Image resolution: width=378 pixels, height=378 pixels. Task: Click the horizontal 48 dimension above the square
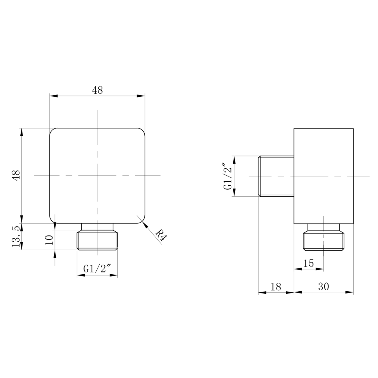(97, 90)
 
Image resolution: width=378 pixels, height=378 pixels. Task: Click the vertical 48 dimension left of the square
(17, 175)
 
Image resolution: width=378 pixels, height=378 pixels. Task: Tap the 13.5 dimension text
(16, 237)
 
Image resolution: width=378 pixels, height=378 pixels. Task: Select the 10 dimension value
(49, 240)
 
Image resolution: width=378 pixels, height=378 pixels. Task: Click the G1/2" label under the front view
(97, 269)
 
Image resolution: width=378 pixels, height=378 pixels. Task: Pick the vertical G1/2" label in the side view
(228, 176)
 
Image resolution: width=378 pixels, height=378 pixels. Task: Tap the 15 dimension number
(309, 263)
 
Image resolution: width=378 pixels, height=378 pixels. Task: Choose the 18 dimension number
(276, 287)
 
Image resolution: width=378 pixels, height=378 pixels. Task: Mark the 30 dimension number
(323, 286)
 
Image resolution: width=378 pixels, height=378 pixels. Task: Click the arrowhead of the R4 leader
(144, 224)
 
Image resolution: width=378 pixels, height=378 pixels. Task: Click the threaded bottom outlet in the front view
(97, 240)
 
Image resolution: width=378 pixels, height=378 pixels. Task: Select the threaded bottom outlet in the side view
(323, 241)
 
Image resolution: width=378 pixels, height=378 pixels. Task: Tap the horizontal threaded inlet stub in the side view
(276, 176)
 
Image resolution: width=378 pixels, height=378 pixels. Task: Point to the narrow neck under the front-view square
(97, 227)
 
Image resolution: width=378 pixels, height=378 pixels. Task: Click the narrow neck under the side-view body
(323, 227)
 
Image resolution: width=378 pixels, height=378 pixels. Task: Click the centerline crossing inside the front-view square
(97, 175)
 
